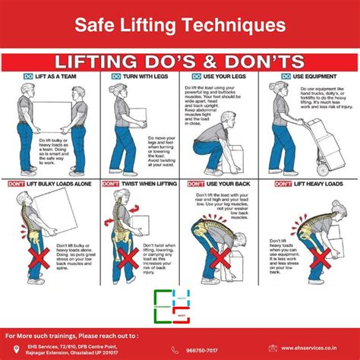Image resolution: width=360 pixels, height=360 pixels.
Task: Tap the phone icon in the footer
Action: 175,349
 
